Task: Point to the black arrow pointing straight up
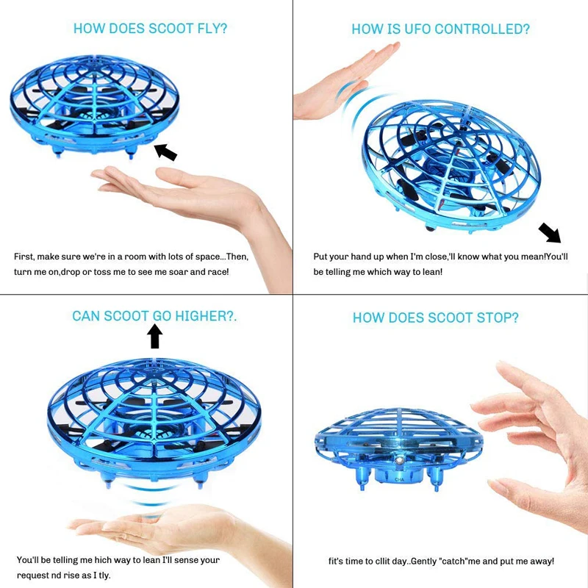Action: (x=154, y=336)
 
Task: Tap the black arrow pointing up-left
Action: (x=165, y=151)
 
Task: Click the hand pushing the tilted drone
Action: (x=342, y=81)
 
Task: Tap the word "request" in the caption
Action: (x=34, y=575)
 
